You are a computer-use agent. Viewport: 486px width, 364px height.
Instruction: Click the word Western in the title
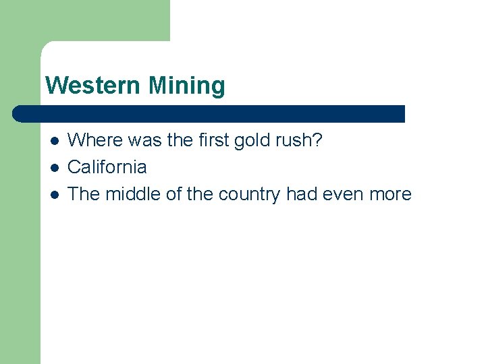coord(94,86)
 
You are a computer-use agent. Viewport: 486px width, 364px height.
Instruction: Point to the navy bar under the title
coord(209,113)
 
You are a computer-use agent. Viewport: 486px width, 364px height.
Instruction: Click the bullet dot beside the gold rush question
coord(54,141)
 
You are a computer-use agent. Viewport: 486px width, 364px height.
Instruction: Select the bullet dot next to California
coord(54,167)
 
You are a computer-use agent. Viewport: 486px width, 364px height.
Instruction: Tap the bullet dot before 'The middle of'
coord(54,194)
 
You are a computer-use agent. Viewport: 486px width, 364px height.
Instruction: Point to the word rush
coord(294,140)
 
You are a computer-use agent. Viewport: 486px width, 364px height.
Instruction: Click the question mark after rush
coord(318,140)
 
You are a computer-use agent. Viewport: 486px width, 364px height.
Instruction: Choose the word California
coord(107,167)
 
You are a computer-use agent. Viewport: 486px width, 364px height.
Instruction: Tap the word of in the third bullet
coord(174,194)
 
